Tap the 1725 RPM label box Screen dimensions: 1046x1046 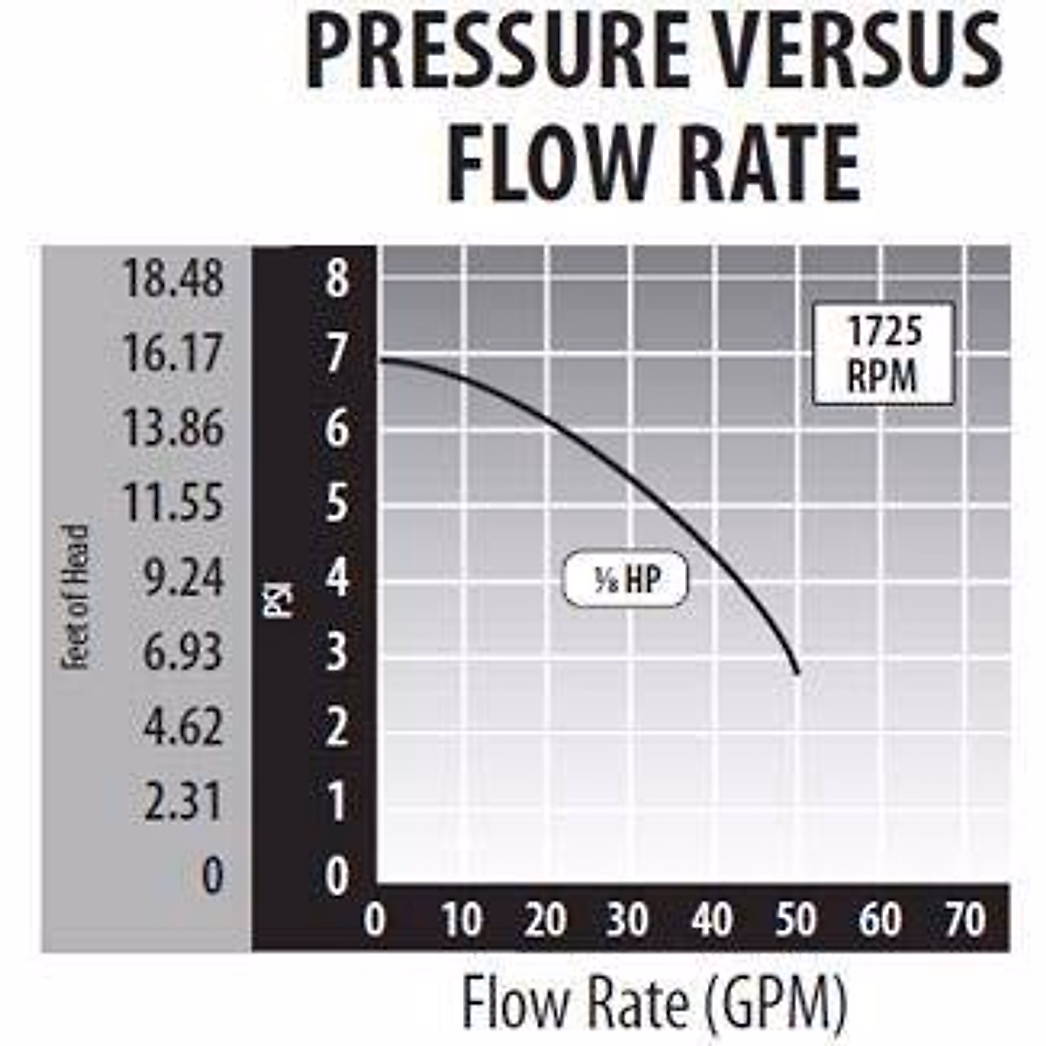(x=883, y=355)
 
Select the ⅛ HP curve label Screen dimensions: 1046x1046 (x=626, y=580)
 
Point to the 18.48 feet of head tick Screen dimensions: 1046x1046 (x=173, y=279)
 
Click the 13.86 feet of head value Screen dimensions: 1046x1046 (x=173, y=429)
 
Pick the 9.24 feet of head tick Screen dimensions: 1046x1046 (x=184, y=578)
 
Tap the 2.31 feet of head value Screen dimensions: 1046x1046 (x=184, y=801)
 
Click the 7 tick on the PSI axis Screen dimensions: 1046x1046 (x=336, y=355)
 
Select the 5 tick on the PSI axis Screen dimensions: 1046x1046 (x=336, y=504)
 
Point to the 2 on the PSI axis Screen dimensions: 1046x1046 (x=336, y=727)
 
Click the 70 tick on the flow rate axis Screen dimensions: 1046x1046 (x=964, y=920)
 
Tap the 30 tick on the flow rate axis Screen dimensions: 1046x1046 (x=628, y=920)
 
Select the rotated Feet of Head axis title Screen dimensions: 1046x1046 (x=77, y=596)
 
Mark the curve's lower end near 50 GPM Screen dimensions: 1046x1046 (x=797, y=671)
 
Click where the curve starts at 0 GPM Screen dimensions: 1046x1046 (x=381, y=359)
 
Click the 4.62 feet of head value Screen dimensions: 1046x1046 (x=184, y=727)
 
